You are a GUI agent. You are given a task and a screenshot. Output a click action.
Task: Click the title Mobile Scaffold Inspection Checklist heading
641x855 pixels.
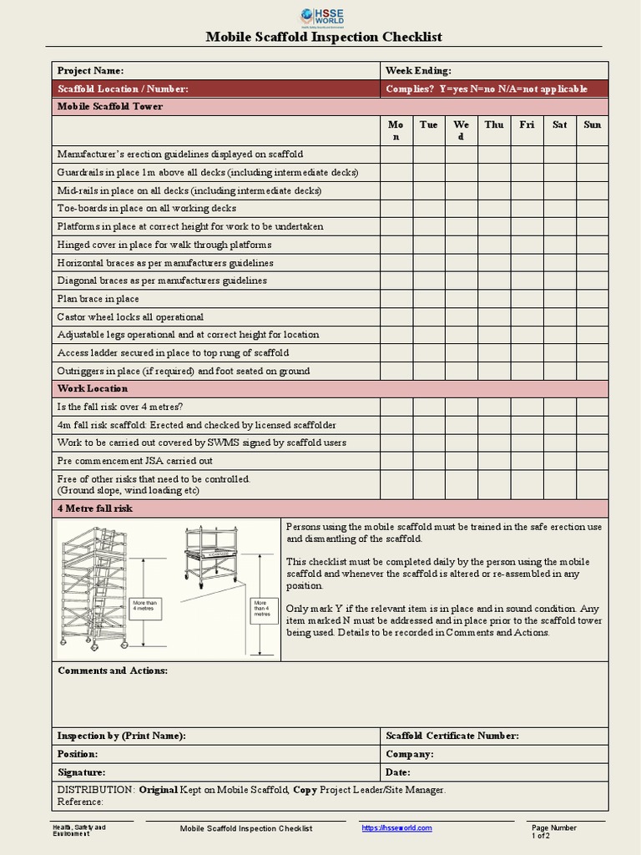[324, 37]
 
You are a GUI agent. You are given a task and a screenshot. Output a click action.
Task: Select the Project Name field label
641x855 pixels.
[90, 71]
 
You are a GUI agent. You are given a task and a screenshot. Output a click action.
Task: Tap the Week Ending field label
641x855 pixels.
[418, 71]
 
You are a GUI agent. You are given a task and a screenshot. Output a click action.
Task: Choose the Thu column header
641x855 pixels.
[494, 124]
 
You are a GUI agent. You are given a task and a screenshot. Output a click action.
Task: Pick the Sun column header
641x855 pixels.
[592, 124]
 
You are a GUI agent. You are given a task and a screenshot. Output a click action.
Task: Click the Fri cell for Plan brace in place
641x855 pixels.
[527, 299]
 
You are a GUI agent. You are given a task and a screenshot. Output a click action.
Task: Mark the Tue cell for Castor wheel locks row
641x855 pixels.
[429, 317]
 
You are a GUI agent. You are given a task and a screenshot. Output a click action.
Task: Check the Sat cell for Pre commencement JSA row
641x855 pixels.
[559, 461]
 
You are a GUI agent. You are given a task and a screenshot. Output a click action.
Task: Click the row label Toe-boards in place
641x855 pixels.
[146, 209]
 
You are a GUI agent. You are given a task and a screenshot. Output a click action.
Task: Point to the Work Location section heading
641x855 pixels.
[92, 389]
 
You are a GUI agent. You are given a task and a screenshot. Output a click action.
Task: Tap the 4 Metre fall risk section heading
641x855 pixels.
[94, 508]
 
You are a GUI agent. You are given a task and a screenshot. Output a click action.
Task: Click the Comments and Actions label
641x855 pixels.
[112, 671]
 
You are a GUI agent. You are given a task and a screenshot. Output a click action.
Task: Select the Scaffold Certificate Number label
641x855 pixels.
[452, 736]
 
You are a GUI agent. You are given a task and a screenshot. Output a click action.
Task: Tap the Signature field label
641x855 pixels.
[81, 772]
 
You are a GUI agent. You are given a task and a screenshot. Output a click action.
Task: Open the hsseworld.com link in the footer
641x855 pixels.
[396, 827]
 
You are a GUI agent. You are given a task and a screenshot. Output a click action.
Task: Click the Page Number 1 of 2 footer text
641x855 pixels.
[553, 831]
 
